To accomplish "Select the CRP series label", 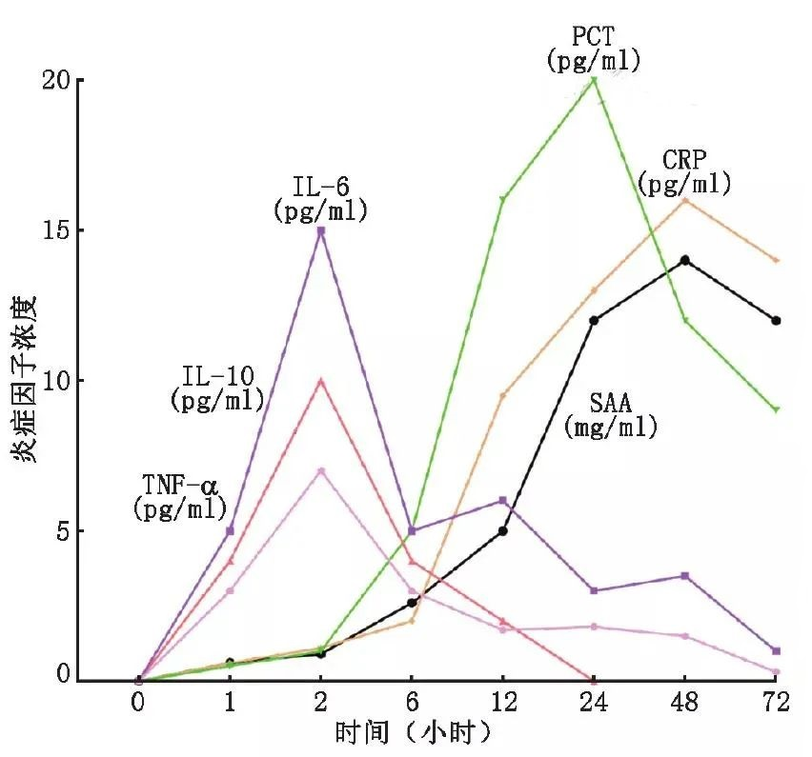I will [684, 171].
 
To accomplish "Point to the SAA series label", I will [611, 415].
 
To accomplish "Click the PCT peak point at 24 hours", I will [594, 80].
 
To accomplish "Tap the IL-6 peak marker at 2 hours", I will [321, 230].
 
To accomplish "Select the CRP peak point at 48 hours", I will [685, 200].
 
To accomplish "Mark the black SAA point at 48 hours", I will [685, 260].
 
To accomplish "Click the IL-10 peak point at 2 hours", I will [321, 381].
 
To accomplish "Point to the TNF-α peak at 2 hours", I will [321, 471].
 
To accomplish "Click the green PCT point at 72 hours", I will [776, 409].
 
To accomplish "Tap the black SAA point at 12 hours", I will [503, 530].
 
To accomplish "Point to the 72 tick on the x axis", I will [776, 704].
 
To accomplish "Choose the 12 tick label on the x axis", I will [503, 704].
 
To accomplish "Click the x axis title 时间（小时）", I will [412, 733].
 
